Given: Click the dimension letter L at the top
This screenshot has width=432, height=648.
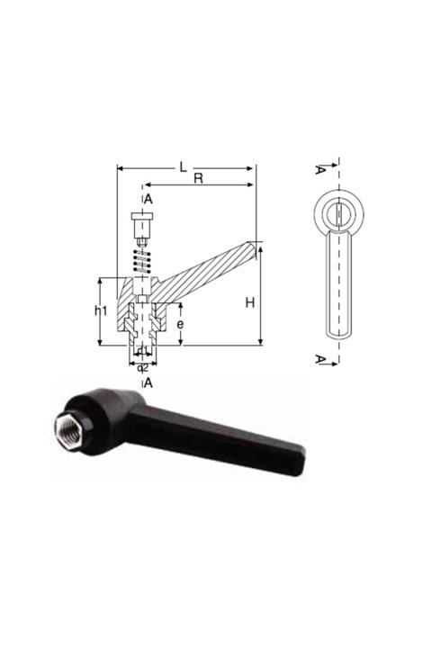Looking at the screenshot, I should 183,166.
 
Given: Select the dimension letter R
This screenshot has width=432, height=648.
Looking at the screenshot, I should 199,179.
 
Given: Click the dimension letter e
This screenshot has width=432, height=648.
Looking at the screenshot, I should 180,321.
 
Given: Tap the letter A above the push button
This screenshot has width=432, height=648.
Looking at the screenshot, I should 148,199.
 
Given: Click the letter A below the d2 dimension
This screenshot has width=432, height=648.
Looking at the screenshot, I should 148,382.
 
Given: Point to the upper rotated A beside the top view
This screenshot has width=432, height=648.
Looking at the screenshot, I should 320,169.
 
